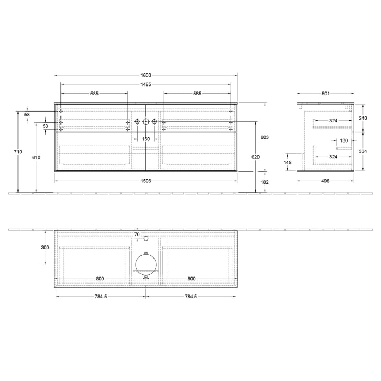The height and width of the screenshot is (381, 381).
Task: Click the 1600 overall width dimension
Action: click(x=145, y=75)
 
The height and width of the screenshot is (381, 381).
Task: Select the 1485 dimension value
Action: click(x=145, y=84)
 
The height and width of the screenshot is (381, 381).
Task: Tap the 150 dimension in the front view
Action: click(x=145, y=139)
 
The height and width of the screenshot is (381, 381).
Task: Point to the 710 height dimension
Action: click(x=19, y=152)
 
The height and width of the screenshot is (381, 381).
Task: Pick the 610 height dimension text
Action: click(x=36, y=157)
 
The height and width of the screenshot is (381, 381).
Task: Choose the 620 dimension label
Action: click(x=256, y=157)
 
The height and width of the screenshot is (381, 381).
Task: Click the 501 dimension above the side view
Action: click(x=325, y=94)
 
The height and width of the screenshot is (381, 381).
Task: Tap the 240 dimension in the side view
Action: click(x=363, y=118)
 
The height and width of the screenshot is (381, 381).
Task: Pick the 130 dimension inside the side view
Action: click(x=343, y=140)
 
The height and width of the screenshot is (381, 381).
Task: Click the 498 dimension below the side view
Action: click(x=325, y=181)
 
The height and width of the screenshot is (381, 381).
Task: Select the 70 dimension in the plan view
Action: click(x=137, y=235)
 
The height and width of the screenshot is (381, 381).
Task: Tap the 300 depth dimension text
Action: click(x=45, y=248)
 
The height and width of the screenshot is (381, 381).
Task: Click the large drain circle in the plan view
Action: click(x=146, y=263)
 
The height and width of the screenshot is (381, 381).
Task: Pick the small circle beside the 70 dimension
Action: click(x=146, y=238)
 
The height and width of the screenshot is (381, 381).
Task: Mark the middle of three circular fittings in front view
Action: click(x=145, y=121)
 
